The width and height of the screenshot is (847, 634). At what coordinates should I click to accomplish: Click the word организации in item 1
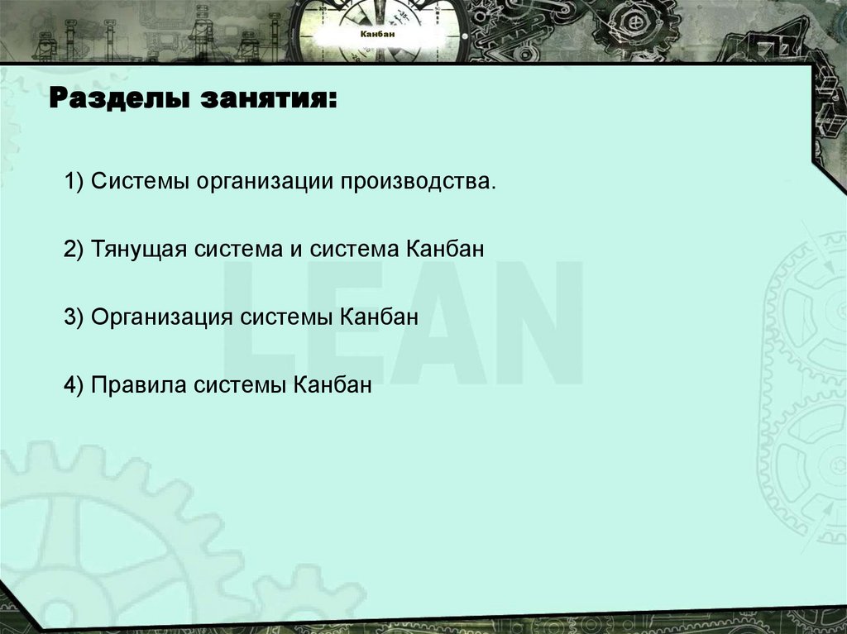coord(261,180)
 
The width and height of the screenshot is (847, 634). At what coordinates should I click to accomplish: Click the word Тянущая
coord(141,249)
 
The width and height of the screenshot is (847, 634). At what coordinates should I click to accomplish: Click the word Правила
coord(138,385)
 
